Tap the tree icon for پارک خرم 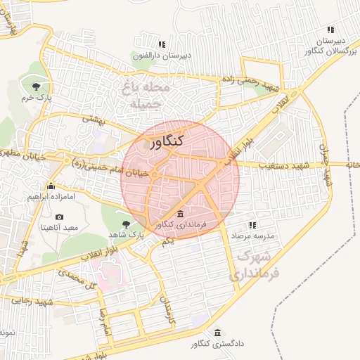pos(36,86)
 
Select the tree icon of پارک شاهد pos(127,223)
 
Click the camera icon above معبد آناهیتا pos(59,217)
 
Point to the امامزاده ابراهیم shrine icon pos(51,186)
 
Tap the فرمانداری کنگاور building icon pos(181,214)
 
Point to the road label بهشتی pos(93,120)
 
